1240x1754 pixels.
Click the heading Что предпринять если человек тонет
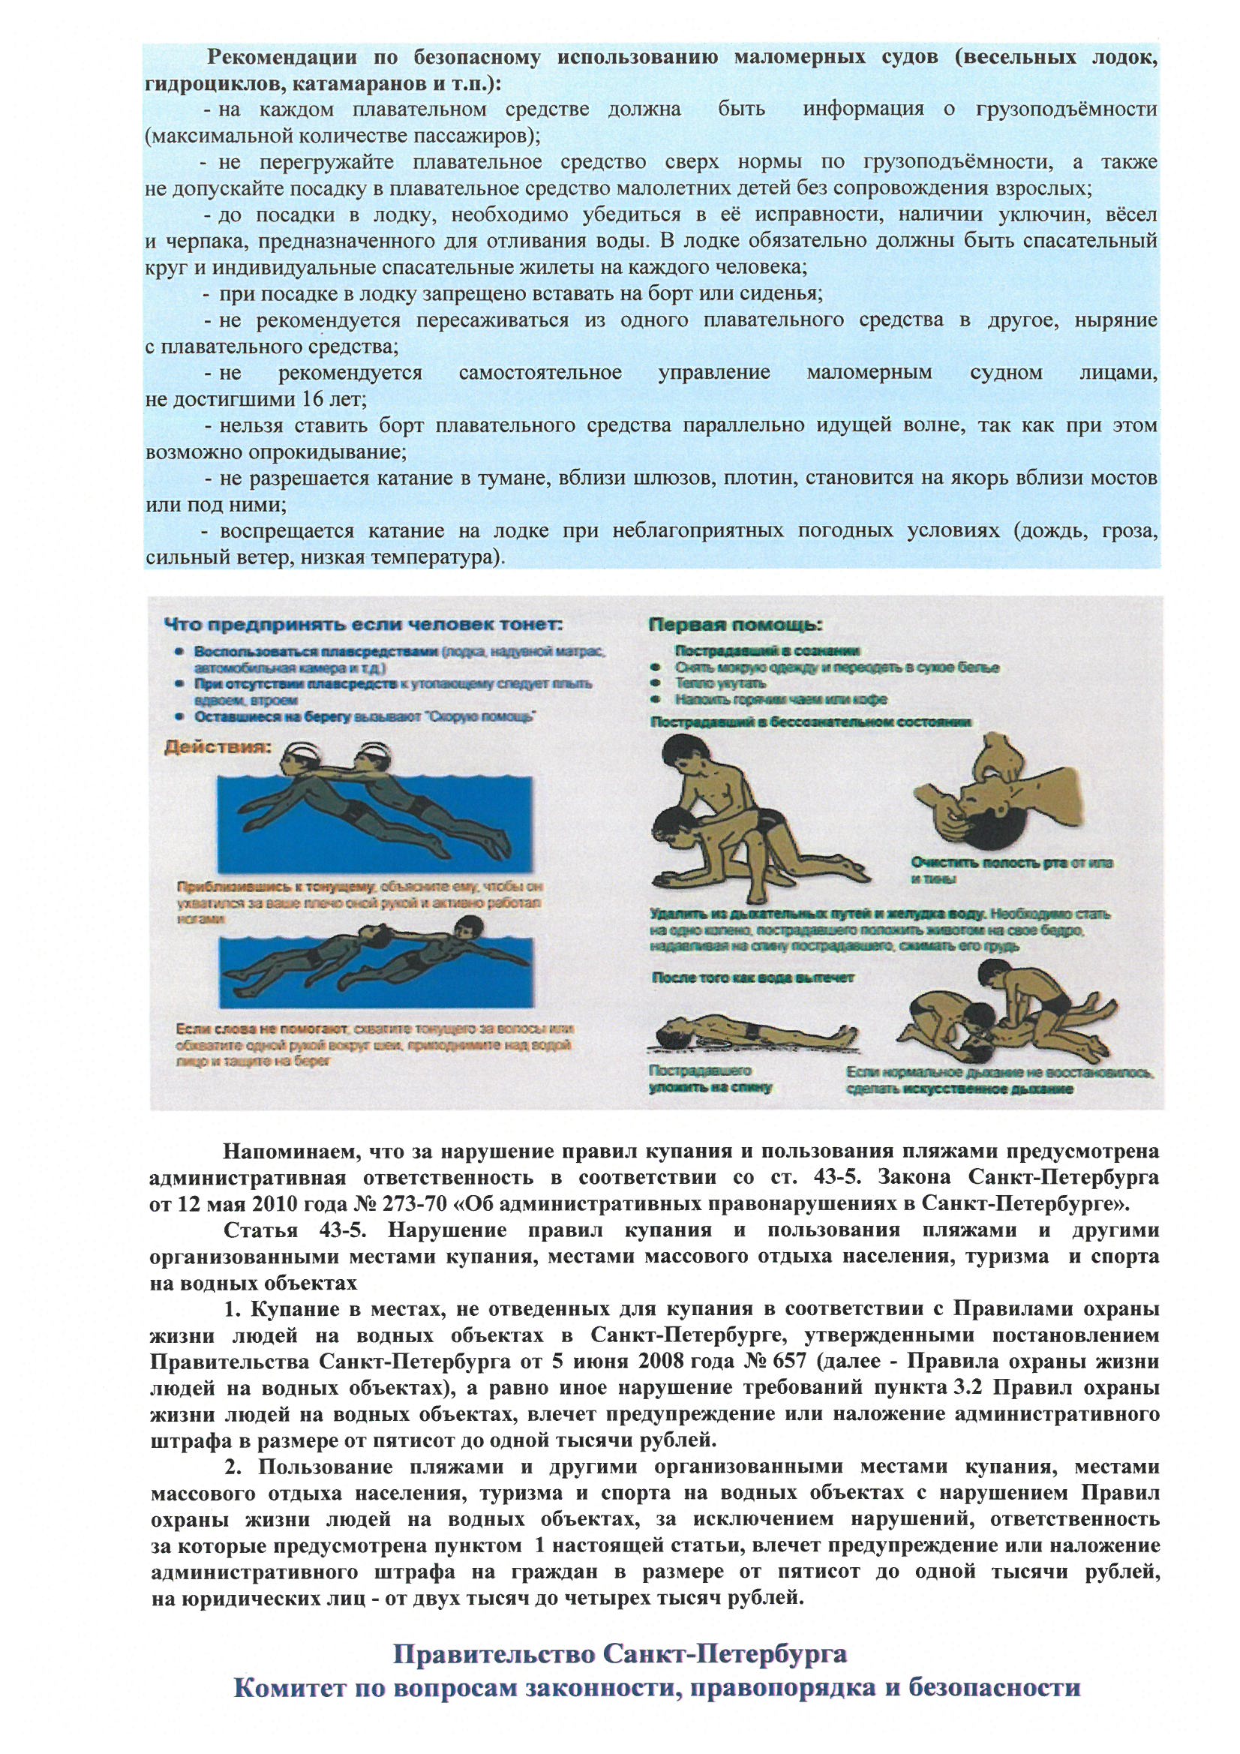[x=364, y=624]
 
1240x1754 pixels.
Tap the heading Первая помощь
[x=736, y=625]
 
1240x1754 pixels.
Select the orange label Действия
[x=218, y=747]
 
